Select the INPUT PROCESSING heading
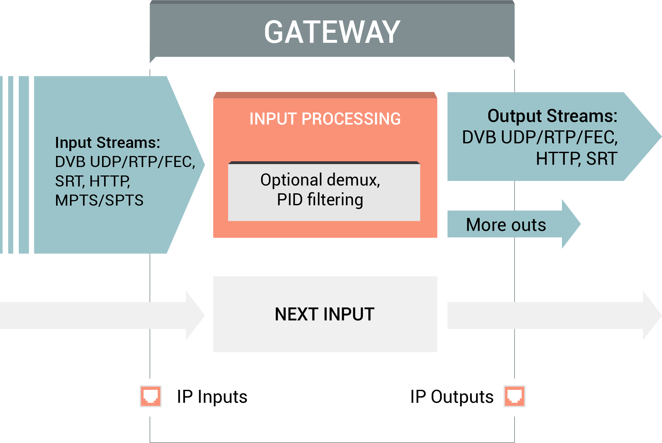click(x=325, y=119)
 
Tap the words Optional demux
click(x=320, y=180)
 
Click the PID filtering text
click(x=320, y=199)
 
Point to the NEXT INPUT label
click(x=325, y=314)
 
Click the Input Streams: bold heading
click(x=108, y=143)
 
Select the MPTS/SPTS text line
click(x=99, y=200)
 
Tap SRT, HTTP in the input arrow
click(x=93, y=181)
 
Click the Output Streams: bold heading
click(x=552, y=116)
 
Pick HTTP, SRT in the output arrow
click(x=576, y=159)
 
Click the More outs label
click(x=506, y=224)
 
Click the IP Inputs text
click(x=212, y=397)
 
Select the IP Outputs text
click(x=452, y=397)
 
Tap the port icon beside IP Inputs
click(x=151, y=396)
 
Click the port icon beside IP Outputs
click(x=515, y=396)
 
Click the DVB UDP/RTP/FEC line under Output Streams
click(x=540, y=137)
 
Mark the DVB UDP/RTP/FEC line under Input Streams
click(x=125, y=162)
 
